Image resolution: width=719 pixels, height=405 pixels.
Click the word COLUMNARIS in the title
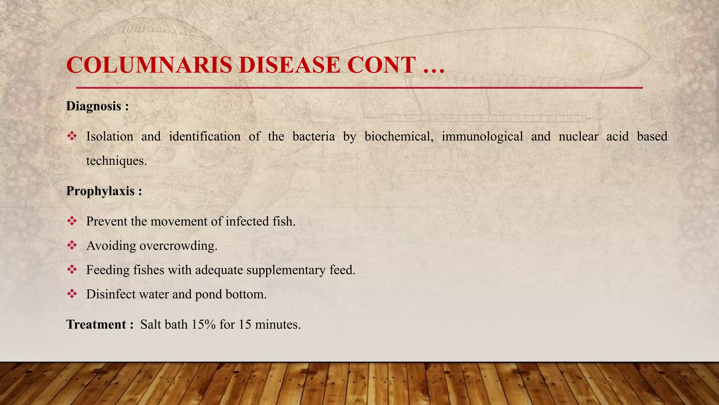149,65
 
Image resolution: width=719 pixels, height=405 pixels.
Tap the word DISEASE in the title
289,65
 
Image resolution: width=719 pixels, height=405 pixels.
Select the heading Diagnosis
94,106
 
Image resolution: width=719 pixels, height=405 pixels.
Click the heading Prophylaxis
100,191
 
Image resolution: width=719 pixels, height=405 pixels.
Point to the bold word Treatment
96,324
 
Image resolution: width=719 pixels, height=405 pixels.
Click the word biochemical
398,136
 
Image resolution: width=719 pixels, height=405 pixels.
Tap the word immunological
482,136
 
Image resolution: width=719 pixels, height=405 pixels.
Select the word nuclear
578,136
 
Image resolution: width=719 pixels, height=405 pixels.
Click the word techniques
116,161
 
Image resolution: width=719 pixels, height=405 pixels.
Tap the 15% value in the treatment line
203,324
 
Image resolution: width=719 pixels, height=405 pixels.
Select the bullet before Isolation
72,136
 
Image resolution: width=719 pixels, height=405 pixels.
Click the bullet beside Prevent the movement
72,221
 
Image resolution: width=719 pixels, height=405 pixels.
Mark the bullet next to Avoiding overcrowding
72,245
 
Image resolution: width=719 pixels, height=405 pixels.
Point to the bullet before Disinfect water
72,294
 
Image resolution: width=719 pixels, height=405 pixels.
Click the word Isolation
110,136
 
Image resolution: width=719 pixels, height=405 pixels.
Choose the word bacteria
314,136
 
